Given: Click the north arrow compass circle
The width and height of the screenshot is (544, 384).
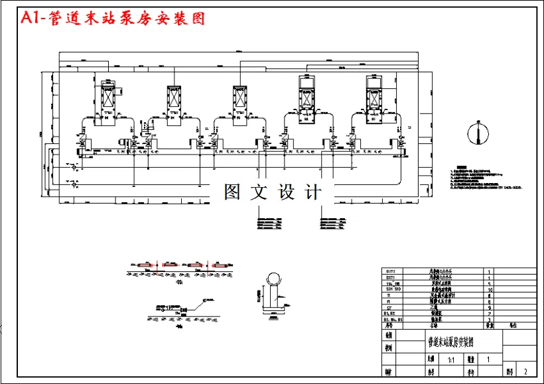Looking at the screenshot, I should click(x=475, y=133).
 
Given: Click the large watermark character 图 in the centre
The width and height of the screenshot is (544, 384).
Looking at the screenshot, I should click(x=232, y=192).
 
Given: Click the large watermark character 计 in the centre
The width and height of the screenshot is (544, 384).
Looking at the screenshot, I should click(x=312, y=192).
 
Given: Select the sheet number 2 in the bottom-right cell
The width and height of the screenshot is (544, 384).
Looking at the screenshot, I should click(x=526, y=372).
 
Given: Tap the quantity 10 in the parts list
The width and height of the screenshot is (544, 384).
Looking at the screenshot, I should click(x=490, y=290).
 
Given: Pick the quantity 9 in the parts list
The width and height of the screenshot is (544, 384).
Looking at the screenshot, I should click(x=490, y=308).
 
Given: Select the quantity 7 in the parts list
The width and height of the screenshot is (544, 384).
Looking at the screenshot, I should click(x=490, y=314).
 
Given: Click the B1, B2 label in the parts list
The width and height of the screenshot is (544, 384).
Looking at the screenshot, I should click(x=393, y=314).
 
